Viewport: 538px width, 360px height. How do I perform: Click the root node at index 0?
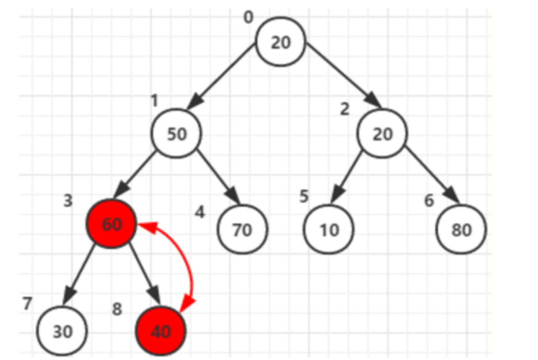coord(280,42)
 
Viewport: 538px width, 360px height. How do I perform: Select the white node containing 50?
coord(177,134)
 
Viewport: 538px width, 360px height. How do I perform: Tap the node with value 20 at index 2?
coord(382,134)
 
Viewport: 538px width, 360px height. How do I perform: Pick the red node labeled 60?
coord(112,224)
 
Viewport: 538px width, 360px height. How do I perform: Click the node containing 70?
coord(242,229)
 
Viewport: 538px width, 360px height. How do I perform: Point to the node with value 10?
coord(329,229)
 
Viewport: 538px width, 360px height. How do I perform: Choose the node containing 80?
coord(461,229)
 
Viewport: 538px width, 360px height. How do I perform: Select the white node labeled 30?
coord(63,331)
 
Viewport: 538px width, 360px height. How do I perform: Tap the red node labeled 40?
coord(160,331)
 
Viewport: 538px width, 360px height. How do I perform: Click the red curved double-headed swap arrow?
coord(187,261)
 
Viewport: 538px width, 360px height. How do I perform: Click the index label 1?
coord(154,100)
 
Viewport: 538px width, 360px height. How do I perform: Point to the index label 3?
coord(68,201)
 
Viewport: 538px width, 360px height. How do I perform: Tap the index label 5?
coord(304,196)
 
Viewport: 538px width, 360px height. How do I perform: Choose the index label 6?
coord(429,201)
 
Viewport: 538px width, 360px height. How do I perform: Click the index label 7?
coord(28,304)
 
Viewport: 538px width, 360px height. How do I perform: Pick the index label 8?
coord(117,309)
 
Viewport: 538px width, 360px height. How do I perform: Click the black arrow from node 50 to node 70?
coord(218,176)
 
